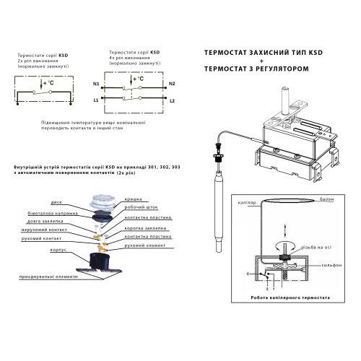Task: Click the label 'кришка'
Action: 134,196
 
